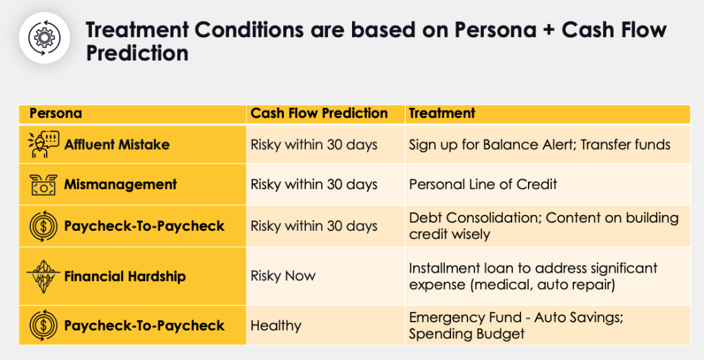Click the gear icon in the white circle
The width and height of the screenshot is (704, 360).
click(44, 38)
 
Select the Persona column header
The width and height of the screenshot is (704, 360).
click(56, 113)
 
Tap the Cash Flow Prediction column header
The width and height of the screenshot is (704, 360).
click(319, 113)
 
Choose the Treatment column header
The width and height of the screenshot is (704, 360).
click(442, 113)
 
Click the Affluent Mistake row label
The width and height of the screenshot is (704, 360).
click(117, 144)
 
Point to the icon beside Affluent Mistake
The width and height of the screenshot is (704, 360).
click(43, 144)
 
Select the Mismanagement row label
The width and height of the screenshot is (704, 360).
click(120, 184)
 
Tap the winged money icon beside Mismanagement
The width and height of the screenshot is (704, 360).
click(43, 185)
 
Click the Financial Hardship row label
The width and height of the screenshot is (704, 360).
click(125, 276)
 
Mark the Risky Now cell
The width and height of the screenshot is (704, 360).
click(283, 275)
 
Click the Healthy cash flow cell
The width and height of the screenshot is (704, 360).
click(276, 326)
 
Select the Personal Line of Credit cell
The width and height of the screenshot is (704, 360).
click(483, 184)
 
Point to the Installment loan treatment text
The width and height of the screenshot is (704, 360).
click(533, 276)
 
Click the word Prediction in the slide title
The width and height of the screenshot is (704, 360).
click(137, 53)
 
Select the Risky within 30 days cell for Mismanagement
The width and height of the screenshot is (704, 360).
click(313, 184)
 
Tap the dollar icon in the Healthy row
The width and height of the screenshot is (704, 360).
click(43, 326)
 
